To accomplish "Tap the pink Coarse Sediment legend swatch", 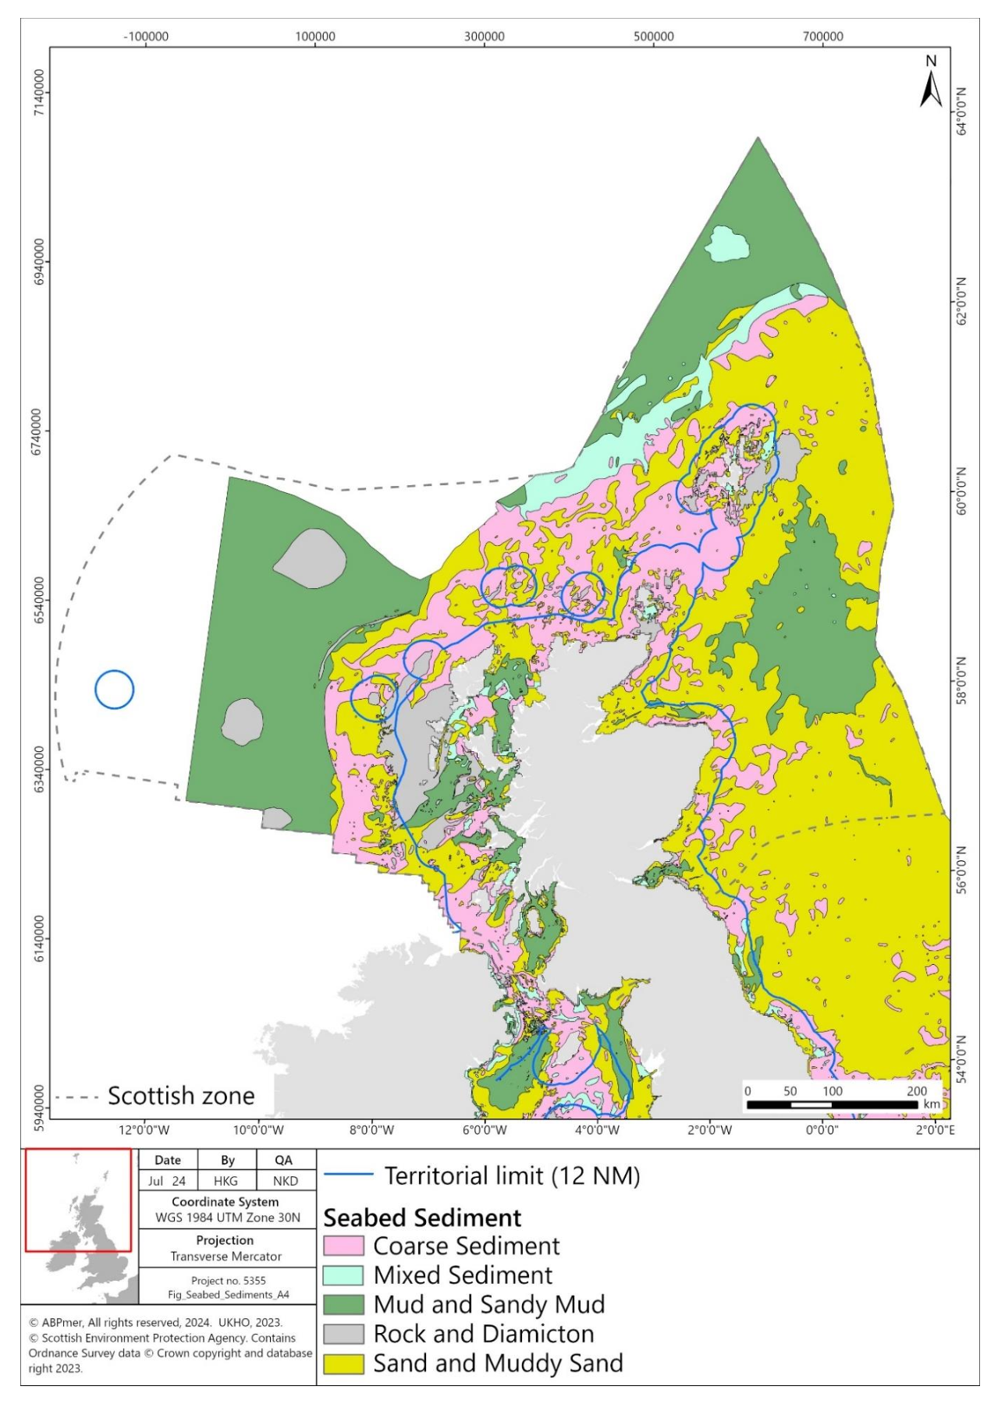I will (343, 1246).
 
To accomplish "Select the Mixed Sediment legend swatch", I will (343, 1275).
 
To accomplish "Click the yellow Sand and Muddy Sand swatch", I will (343, 1363).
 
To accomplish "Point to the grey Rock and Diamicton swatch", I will (343, 1334).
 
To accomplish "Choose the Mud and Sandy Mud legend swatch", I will (343, 1305).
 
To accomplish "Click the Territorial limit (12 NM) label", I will (512, 1175).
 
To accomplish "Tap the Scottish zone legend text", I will (181, 1096).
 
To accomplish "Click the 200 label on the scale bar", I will (917, 1091).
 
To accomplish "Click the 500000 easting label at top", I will (653, 37).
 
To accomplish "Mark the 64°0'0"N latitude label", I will (961, 111).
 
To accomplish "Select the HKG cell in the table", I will (226, 1181).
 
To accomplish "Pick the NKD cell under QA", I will (285, 1181).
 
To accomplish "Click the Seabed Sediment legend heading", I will (422, 1218).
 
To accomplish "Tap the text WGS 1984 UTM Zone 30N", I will (227, 1218).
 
